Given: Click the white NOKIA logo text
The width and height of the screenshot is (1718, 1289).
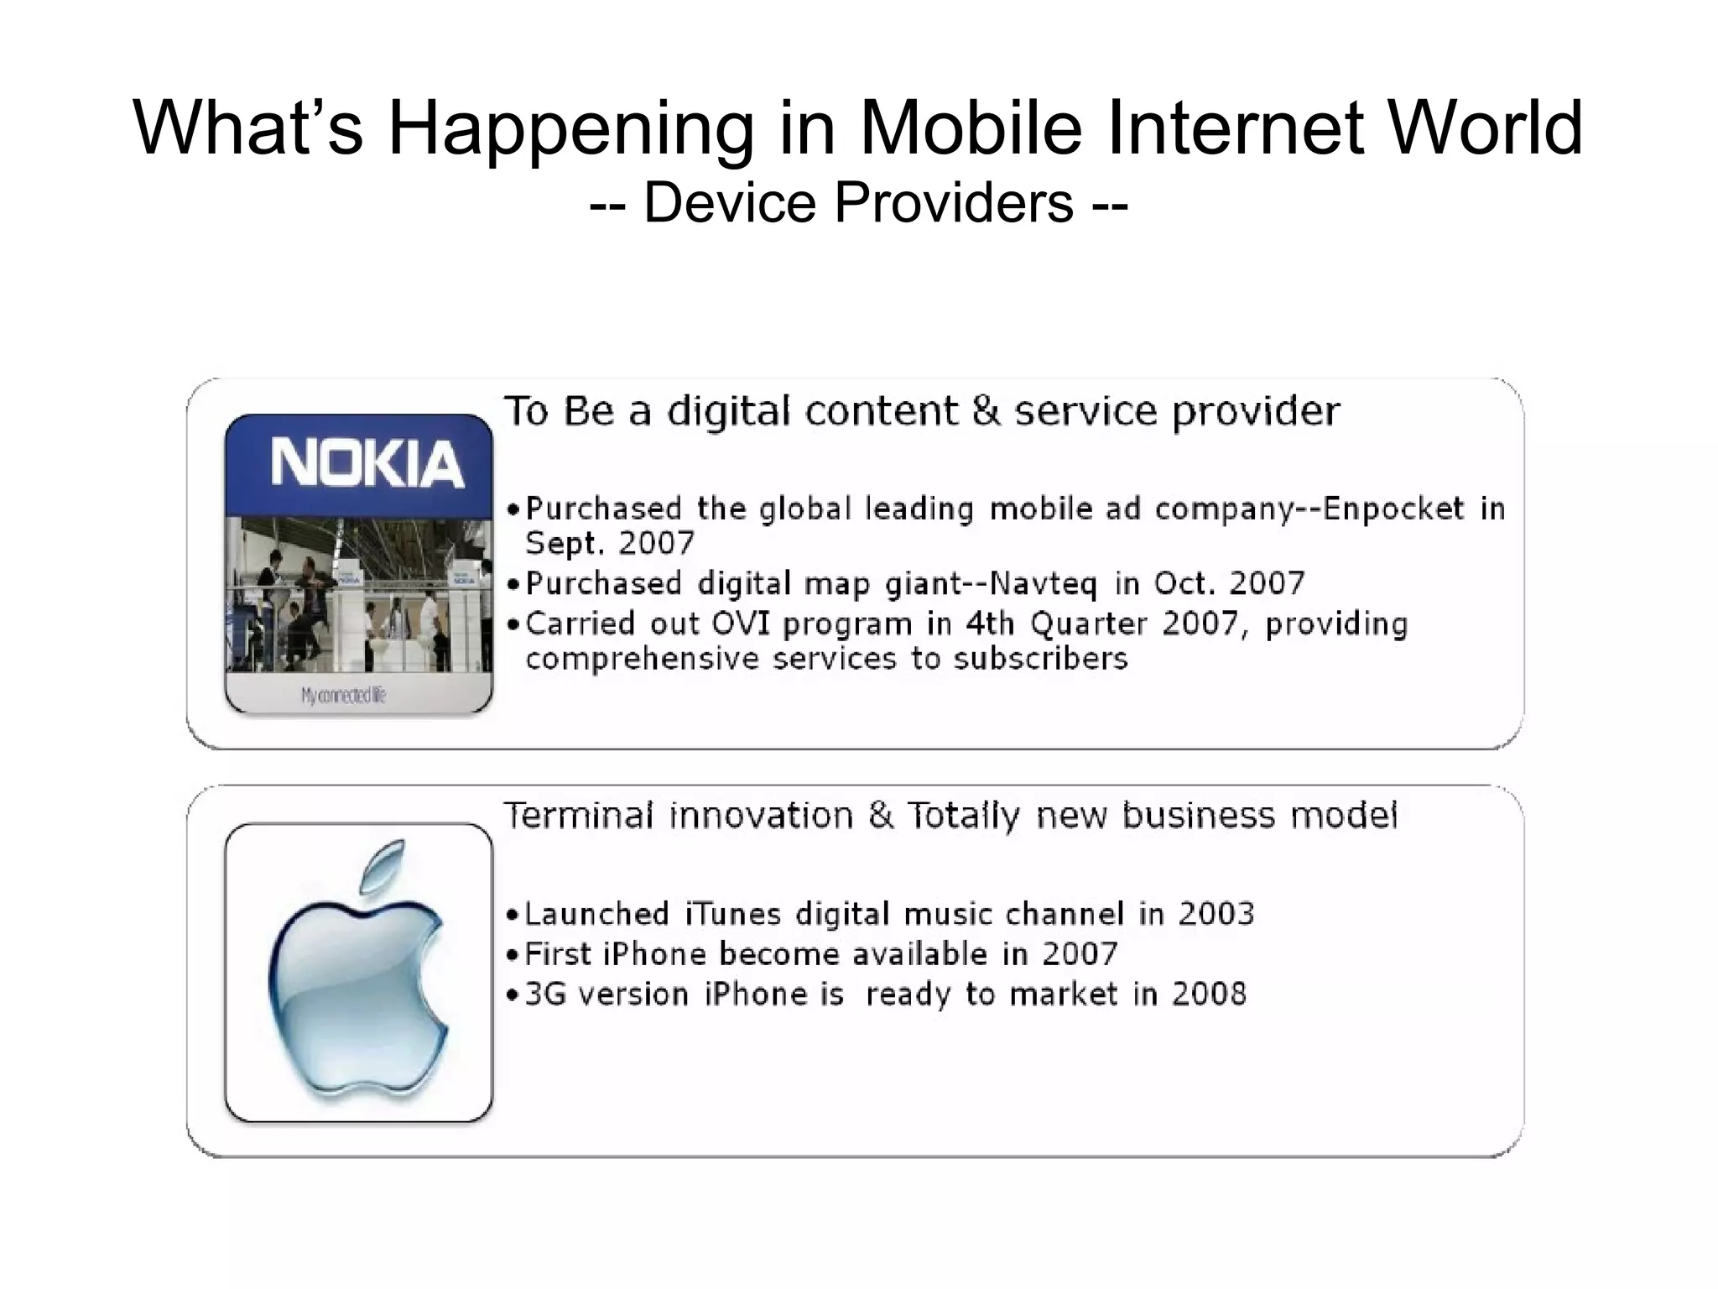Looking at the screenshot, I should [367, 463].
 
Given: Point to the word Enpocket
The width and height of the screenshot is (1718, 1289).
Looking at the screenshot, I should [1393, 509].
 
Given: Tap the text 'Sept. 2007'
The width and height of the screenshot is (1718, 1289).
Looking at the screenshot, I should [610, 544].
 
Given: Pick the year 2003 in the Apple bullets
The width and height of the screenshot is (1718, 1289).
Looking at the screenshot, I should [1216, 913].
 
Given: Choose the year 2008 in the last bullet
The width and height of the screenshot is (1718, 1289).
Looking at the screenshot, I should [1209, 994].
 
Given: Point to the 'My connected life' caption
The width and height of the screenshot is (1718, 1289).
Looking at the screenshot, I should [344, 695].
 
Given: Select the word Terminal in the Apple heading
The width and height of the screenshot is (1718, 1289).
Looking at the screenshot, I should [578, 816].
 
